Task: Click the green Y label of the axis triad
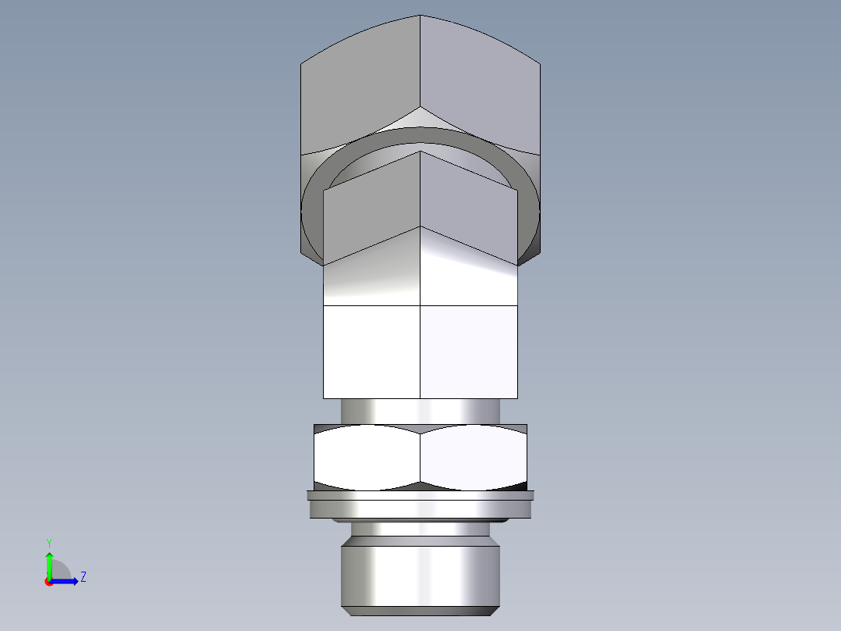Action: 48,542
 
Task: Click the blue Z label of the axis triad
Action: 83,577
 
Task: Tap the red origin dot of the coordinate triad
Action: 48,581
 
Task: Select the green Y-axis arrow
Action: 49,563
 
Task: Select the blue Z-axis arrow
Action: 66,580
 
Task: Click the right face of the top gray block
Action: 480,86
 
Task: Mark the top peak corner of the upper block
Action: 420,16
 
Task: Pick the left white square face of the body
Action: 371,351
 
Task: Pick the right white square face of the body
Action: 468,351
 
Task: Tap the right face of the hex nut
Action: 473,458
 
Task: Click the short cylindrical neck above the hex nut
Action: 420,411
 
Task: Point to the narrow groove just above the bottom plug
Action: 420,529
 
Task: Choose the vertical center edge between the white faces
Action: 420,351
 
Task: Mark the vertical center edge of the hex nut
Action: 420,458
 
